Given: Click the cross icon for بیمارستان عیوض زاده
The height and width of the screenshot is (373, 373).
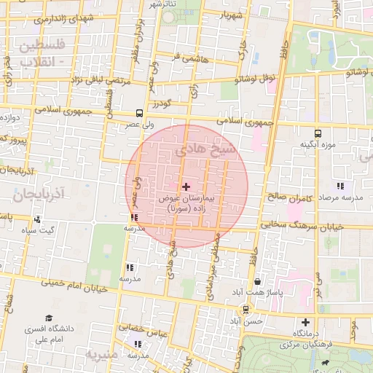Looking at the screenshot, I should [x=185, y=186].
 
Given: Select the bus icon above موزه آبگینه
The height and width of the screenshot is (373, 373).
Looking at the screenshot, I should [x=318, y=133].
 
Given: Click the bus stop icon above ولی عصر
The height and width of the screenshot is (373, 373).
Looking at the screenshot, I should [x=139, y=113].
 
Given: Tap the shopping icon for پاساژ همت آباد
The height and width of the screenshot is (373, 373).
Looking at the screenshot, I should [x=257, y=281].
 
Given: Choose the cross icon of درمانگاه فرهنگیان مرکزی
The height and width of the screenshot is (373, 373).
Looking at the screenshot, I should [x=305, y=322].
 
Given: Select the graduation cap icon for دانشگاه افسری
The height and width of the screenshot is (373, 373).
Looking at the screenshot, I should [x=49, y=318].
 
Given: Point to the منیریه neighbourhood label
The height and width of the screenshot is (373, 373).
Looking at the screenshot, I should [x=101, y=355].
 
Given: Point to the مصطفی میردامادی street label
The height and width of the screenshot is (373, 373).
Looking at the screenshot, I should [x=224, y=265].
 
